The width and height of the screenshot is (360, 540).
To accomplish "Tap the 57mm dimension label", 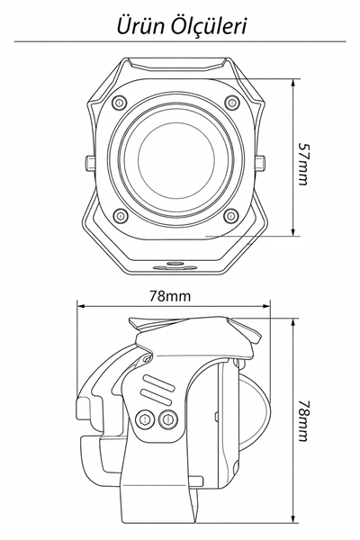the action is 303,164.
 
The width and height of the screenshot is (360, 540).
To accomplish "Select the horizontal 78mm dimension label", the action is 170,295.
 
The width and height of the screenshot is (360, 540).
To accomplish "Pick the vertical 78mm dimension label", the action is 303,420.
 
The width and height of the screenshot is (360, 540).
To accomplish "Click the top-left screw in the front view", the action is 120,103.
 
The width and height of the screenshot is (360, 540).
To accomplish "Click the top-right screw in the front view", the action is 232,103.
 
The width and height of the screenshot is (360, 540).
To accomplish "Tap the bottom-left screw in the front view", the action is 121,216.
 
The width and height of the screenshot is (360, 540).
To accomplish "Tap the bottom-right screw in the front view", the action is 231,216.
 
